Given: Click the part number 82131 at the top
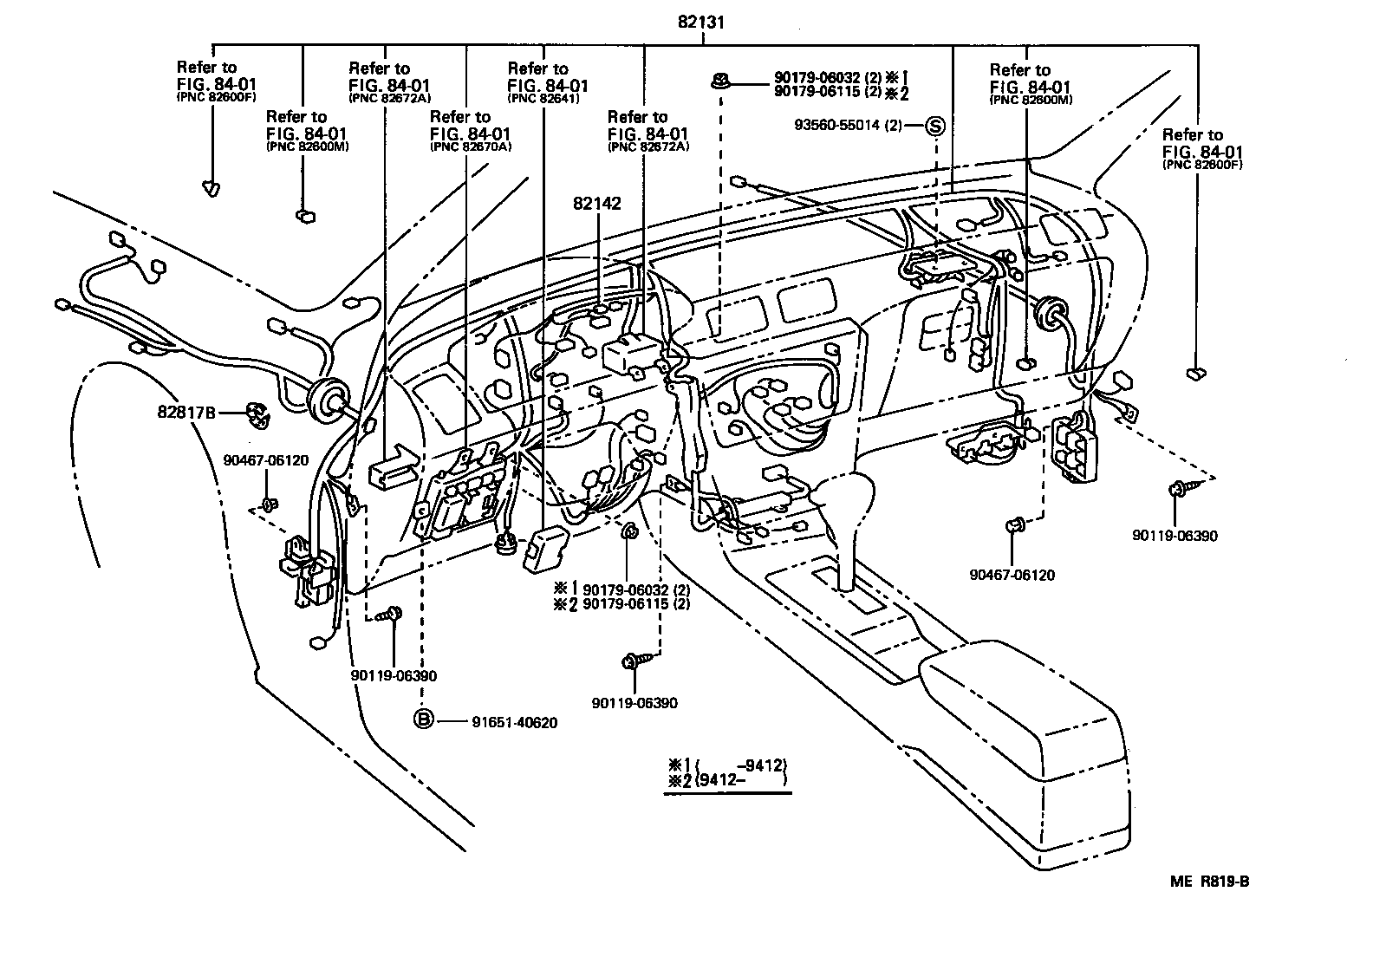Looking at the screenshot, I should tap(700, 23).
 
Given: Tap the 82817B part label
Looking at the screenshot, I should tap(185, 414).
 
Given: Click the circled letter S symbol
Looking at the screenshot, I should tap(935, 125).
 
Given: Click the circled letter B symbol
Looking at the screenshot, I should tap(423, 719).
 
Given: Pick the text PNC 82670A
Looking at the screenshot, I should tap(471, 147).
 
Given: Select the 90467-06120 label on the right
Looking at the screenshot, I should tap(1012, 575).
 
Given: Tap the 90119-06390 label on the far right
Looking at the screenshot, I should tap(1175, 536).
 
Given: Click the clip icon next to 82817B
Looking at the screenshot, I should tap(257, 413).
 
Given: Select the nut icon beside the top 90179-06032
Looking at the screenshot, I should tap(719, 82).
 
